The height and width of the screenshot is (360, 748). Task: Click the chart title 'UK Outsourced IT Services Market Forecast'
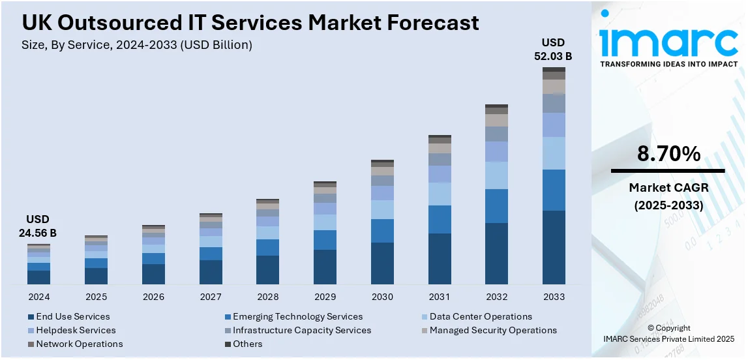coord(250,23)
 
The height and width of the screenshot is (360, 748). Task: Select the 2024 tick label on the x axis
coord(39,297)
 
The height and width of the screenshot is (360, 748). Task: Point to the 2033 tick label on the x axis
coord(554,297)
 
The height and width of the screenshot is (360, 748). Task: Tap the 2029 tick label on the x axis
coord(325,297)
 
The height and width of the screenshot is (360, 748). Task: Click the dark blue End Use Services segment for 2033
coord(554,247)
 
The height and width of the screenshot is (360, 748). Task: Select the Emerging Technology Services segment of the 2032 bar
coord(496,206)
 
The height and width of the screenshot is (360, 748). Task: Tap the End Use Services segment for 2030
coord(382,263)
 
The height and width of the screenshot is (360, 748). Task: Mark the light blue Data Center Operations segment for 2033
coord(554,153)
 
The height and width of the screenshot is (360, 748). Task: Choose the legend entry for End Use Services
coord(73,316)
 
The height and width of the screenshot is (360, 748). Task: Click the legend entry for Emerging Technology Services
coord(297,316)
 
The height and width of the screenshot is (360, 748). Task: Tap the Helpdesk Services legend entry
coord(76,330)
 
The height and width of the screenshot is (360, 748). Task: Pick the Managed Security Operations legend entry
coord(493,330)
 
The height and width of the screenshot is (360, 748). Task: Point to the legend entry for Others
coord(247,344)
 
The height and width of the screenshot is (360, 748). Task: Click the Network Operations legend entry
coord(79,344)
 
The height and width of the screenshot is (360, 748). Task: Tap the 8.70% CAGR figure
coord(668,155)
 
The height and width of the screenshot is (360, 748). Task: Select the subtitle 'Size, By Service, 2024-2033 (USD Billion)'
coord(137,45)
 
